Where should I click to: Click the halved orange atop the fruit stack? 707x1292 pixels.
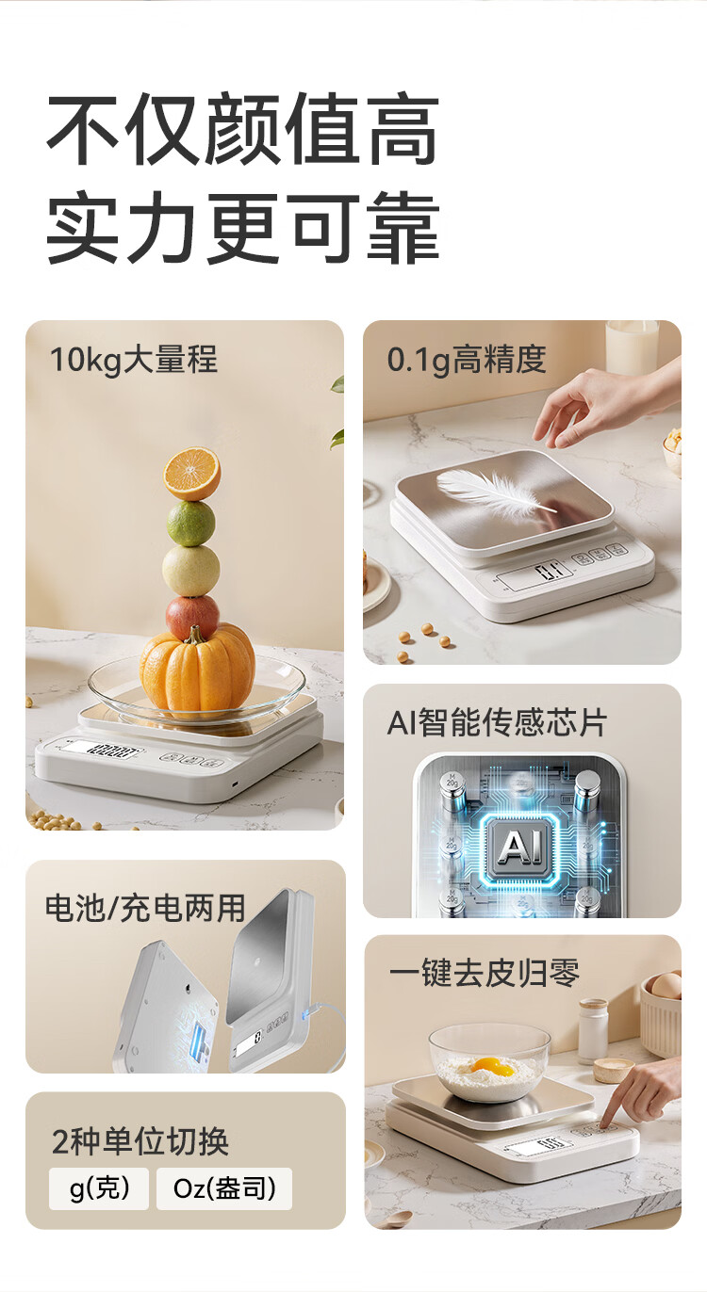point(191,474)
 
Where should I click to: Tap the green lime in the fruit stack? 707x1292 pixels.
point(190,524)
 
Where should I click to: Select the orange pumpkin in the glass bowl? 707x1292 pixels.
point(197,669)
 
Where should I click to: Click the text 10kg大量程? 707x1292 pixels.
point(134,360)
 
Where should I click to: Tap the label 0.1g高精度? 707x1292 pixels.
point(467,360)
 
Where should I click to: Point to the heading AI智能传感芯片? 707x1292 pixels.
point(497,722)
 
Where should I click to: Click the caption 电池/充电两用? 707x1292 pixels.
point(145,908)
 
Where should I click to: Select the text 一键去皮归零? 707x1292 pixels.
point(484,973)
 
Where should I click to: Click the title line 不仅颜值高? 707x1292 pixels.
point(242,129)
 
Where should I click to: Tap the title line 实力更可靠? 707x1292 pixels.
point(242,227)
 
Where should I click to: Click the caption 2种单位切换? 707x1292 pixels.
point(140,1141)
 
